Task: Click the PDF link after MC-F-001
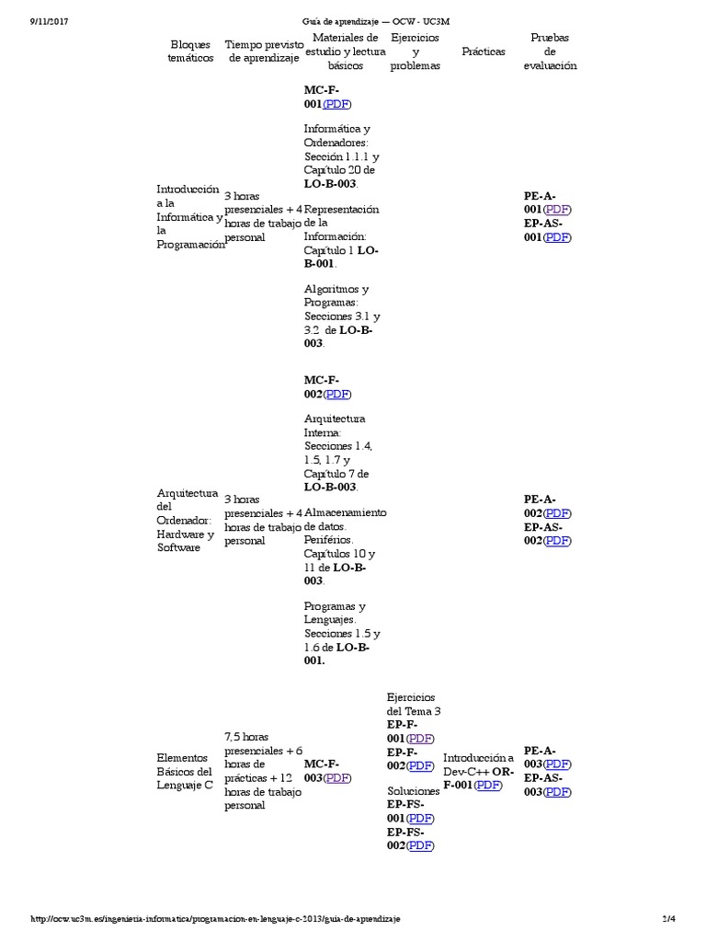pyautogui.click(x=336, y=104)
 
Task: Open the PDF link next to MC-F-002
pyautogui.click(x=336, y=395)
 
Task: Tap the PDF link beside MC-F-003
pyautogui.click(x=336, y=777)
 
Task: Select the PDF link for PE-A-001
pyautogui.click(x=556, y=210)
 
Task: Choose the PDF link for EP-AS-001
pyautogui.click(x=556, y=237)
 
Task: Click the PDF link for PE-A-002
pyautogui.click(x=556, y=512)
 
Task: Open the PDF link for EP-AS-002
pyautogui.click(x=556, y=540)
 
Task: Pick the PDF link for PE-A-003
pyautogui.click(x=556, y=764)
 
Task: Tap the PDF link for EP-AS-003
pyautogui.click(x=556, y=792)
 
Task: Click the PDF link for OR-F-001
pyautogui.click(x=488, y=785)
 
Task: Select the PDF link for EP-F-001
pyautogui.click(x=420, y=738)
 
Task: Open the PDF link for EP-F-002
pyautogui.click(x=420, y=765)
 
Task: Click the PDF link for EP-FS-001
pyautogui.click(x=420, y=818)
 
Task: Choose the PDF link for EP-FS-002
pyautogui.click(x=420, y=845)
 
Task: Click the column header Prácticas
pyautogui.click(x=484, y=52)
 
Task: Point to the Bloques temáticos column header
pyautogui.click(x=190, y=51)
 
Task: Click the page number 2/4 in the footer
pyautogui.click(x=668, y=919)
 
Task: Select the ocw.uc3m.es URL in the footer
pyautogui.click(x=215, y=919)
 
